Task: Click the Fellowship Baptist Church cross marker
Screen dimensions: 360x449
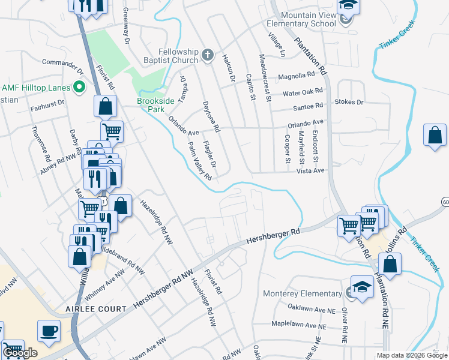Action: point(208,56)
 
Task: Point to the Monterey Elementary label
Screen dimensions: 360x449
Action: point(302,294)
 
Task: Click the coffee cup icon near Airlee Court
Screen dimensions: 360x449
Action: point(49,330)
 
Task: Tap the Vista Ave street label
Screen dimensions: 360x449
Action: point(311,170)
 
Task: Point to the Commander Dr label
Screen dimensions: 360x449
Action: point(62,62)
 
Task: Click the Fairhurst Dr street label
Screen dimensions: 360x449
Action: point(47,109)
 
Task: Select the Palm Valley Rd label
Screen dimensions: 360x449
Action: point(200,161)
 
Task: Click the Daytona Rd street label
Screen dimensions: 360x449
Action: point(212,115)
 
